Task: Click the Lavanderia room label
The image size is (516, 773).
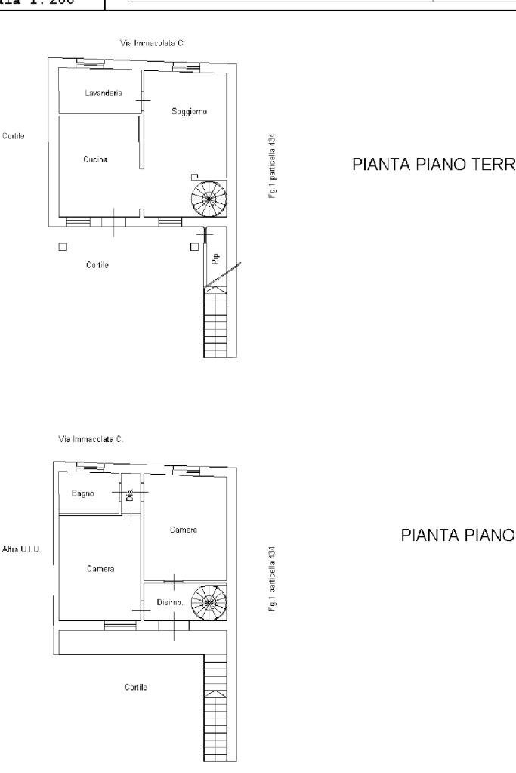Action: tap(98, 93)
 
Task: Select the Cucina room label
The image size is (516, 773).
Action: tap(95, 159)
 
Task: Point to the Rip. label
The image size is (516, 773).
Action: tap(215, 258)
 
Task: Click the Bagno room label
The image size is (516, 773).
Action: tap(83, 493)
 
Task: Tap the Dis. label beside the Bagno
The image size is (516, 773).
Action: tap(130, 495)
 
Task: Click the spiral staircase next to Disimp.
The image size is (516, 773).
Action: tap(206, 602)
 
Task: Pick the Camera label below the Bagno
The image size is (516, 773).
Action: tap(100, 569)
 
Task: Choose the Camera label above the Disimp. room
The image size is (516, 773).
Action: tap(184, 530)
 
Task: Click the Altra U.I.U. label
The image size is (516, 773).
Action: tap(22, 549)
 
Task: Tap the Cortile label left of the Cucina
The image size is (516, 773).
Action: tap(14, 136)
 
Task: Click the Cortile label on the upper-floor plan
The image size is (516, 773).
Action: tap(136, 687)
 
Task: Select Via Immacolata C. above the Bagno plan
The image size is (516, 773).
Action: tap(91, 439)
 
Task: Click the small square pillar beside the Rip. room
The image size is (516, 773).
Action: tap(194, 246)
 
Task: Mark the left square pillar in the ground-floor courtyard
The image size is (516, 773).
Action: tap(63, 246)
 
